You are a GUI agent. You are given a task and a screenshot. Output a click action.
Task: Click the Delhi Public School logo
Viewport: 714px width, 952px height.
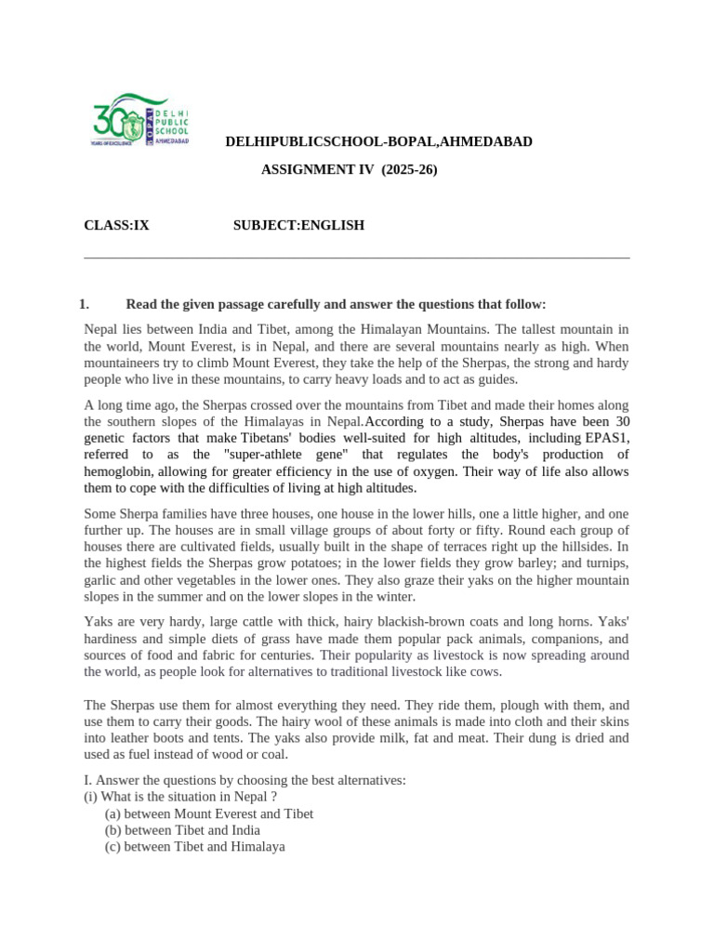140,120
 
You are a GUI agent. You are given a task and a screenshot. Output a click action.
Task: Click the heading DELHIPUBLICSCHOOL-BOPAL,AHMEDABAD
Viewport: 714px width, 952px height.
379,141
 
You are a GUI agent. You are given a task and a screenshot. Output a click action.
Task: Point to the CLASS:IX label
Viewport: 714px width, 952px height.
116,225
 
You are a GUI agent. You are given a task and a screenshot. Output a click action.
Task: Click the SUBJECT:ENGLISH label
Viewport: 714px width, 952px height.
298,225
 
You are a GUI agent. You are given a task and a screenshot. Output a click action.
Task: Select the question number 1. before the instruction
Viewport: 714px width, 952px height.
84,304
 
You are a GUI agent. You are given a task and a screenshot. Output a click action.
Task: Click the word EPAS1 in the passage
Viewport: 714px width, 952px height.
606,437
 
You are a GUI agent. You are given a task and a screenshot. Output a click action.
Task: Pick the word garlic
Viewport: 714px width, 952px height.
101,580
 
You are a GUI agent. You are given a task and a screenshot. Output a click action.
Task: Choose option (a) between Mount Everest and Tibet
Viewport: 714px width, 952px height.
209,813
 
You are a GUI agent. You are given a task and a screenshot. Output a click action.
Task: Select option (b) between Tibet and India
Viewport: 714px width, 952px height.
182,830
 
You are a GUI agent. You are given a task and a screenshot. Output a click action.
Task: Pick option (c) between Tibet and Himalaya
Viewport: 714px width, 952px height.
195,847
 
